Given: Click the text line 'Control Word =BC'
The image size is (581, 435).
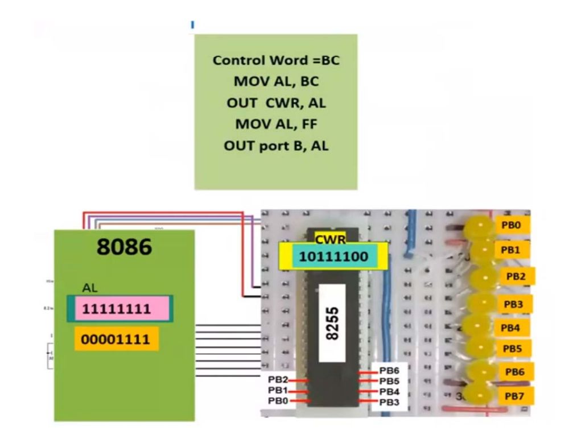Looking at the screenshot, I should click(x=276, y=60).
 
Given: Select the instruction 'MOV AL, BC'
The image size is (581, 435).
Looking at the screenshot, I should click(x=276, y=82).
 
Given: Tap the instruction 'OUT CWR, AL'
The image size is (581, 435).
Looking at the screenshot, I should click(x=276, y=103).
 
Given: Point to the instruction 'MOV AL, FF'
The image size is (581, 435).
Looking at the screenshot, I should click(x=276, y=124).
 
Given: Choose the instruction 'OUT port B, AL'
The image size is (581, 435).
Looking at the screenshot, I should click(x=276, y=146).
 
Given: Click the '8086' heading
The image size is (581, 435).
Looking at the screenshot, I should click(x=124, y=247).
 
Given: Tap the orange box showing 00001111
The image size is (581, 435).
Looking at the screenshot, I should click(x=116, y=339).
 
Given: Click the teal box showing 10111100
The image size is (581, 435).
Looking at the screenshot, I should click(x=334, y=257).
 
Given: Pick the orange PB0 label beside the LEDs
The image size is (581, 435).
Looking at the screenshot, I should click(x=512, y=225).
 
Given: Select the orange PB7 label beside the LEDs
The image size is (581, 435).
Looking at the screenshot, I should click(x=514, y=396).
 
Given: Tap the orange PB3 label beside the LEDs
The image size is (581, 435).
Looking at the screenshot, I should click(x=513, y=304).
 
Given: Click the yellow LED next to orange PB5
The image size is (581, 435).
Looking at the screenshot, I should click(x=480, y=346).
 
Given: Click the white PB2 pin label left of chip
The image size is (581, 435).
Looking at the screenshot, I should click(x=278, y=380).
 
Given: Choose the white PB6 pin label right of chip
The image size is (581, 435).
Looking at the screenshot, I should click(x=389, y=371).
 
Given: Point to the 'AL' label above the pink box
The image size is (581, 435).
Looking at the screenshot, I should click(x=90, y=288).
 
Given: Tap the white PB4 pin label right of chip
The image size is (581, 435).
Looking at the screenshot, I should click(x=389, y=392).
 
